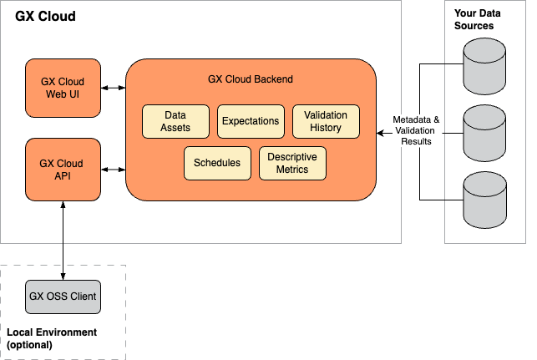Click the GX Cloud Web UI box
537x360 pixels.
(x=63, y=88)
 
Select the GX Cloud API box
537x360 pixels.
(x=63, y=170)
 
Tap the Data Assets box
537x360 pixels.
(x=176, y=121)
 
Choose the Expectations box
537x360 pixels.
(x=251, y=121)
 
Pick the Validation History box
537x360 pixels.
(x=326, y=121)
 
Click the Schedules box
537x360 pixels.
(x=217, y=163)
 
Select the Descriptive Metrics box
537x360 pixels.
(x=292, y=163)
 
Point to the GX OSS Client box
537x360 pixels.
(x=63, y=297)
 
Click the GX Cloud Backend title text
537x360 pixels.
(x=250, y=79)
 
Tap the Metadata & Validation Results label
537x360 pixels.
(x=416, y=131)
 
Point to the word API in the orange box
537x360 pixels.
(x=63, y=176)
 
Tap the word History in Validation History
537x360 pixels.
(x=326, y=128)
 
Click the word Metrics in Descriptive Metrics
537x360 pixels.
(x=292, y=170)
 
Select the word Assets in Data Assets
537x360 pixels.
(x=176, y=128)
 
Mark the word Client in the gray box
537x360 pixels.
(x=81, y=297)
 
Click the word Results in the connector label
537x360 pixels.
(x=416, y=142)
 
